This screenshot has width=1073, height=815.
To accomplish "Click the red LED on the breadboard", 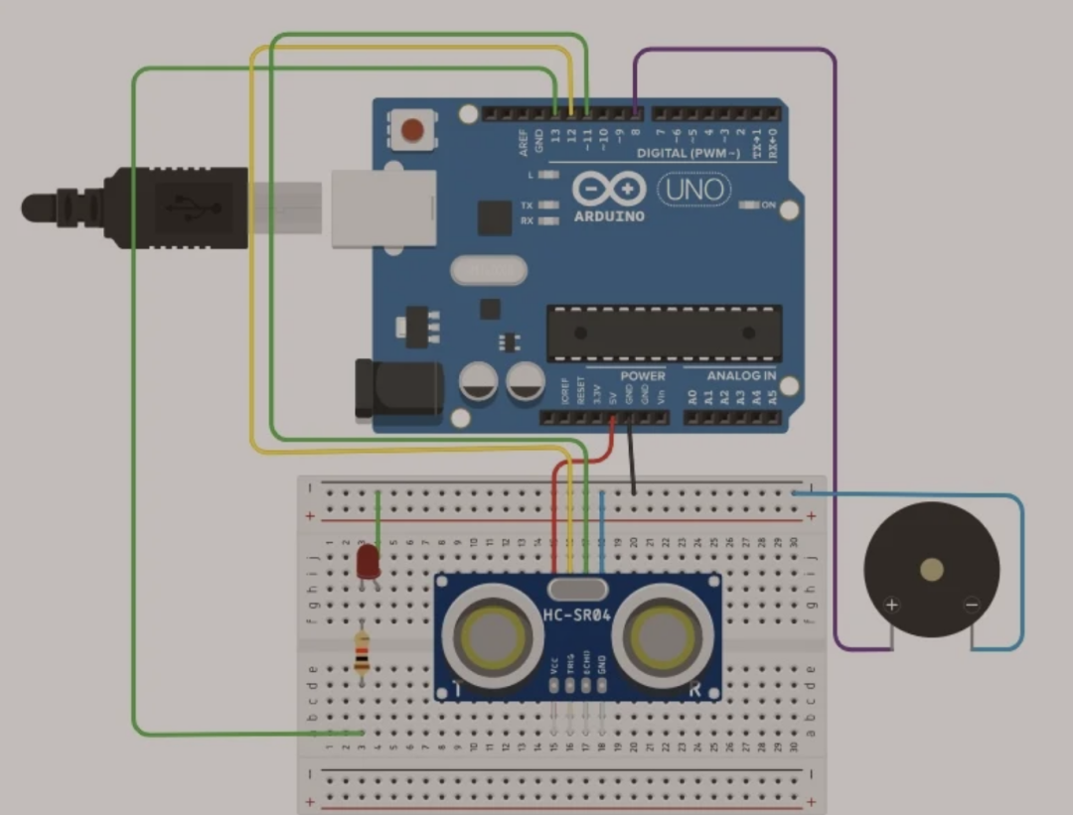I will point(367,562).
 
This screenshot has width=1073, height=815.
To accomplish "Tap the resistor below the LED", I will point(362,653).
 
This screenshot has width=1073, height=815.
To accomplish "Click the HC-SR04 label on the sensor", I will point(577,615).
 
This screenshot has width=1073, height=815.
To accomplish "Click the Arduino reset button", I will point(413,130).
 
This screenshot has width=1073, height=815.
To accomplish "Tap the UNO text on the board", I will point(692,189).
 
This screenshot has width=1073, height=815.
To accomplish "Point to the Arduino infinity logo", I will point(608,190).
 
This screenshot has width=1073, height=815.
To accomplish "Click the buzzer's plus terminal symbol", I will point(891,605).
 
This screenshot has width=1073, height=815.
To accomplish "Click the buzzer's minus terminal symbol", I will point(972,605).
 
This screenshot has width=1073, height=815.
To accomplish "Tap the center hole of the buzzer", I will point(932,569).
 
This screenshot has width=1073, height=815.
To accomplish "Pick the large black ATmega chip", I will point(664,333).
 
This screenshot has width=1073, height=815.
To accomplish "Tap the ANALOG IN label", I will point(741,376).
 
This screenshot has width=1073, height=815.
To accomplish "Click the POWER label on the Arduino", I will point(643,376).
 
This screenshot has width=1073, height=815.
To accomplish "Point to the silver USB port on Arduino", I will point(383,208).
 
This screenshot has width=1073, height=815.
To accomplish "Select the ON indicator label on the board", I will point(768,204).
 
